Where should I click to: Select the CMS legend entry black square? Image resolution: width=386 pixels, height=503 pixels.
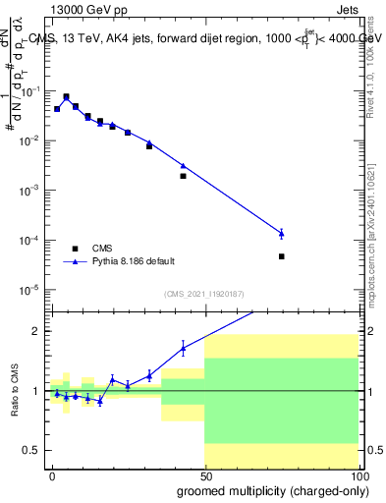[x=76, y=249]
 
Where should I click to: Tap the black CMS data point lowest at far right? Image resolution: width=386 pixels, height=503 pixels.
[x=282, y=256]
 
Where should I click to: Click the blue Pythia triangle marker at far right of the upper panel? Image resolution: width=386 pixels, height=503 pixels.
[x=282, y=233]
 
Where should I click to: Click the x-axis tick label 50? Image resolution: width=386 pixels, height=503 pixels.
[x=204, y=475]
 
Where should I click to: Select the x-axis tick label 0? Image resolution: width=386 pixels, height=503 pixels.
[x=53, y=475]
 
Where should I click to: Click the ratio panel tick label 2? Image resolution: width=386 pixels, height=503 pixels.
[x=37, y=331]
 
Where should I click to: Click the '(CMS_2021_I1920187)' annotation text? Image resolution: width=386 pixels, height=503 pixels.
[x=203, y=294]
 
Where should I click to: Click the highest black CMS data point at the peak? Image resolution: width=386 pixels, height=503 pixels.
[x=66, y=97]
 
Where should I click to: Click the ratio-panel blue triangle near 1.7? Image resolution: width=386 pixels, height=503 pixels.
[x=183, y=348]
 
